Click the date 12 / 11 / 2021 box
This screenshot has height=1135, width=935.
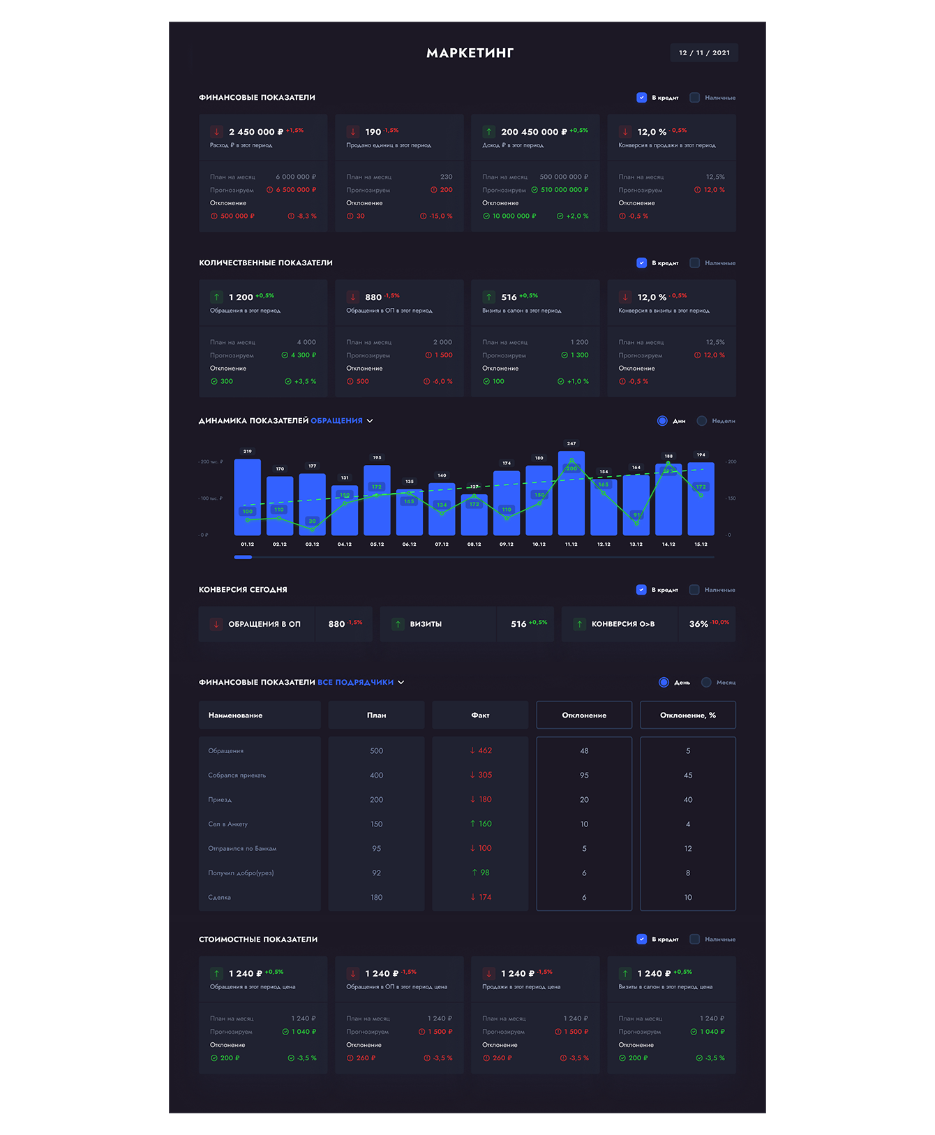pos(704,53)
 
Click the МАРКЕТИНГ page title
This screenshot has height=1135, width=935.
pos(470,53)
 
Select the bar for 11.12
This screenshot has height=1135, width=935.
pos(571,496)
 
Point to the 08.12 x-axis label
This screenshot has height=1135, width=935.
pos(474,544)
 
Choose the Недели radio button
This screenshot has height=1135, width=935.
pos(702,421)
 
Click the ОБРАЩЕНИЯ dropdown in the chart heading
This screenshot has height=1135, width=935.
pos(342,421)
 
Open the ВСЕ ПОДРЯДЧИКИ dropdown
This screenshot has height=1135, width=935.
pos(361,683)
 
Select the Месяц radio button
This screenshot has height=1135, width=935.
pos(706,683)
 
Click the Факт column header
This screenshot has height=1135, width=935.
pos(480,715)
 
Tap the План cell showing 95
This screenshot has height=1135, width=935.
pos(376,849)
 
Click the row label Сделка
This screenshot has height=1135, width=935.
pos(219,898)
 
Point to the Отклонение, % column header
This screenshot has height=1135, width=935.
pos(687,715)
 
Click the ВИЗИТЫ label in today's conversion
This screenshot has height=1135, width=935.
pos(426,624)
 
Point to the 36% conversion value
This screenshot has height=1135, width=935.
pos(698,624)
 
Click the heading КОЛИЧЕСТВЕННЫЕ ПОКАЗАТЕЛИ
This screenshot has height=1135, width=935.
pos(265,263)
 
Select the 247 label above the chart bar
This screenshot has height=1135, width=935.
pos(571,444)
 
